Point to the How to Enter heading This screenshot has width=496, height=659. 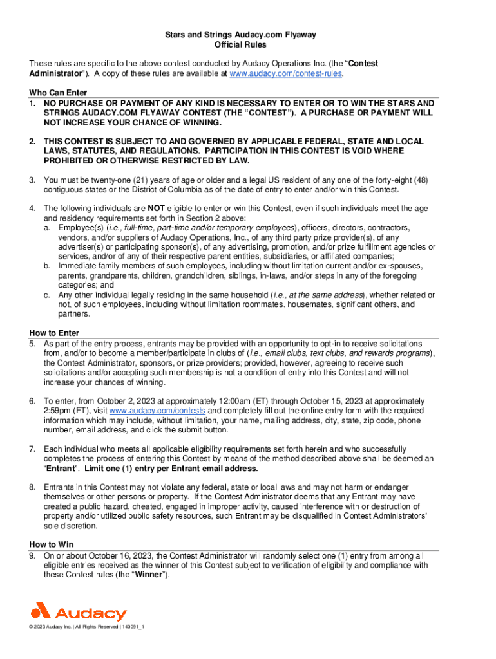[54, 333]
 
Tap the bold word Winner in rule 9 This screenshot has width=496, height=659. [151, 575]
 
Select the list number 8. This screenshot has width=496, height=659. [32, 487]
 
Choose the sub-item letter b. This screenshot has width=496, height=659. [47, 266]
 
